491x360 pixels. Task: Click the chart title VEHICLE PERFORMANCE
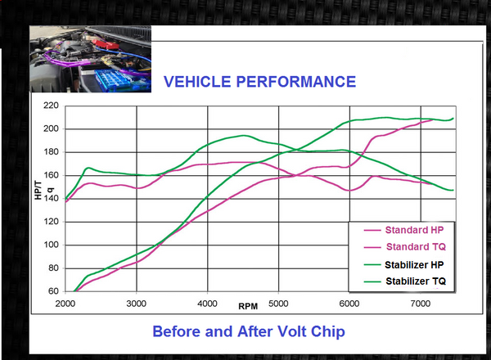click(260, 82)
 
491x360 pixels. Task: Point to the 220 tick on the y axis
click(51, 106)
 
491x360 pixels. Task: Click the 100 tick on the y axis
click(51, 245)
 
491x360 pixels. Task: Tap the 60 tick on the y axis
click(53, 291)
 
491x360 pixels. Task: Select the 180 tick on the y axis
click(51, 152)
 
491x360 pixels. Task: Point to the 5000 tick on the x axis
click(279, 304)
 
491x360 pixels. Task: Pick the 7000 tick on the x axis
click(421, 304)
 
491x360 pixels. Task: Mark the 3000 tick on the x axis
click(136, 304)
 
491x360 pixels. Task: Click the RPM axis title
click(249, 306)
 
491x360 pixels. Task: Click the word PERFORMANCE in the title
click(299, 82)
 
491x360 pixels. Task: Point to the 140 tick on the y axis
click(51, 198)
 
